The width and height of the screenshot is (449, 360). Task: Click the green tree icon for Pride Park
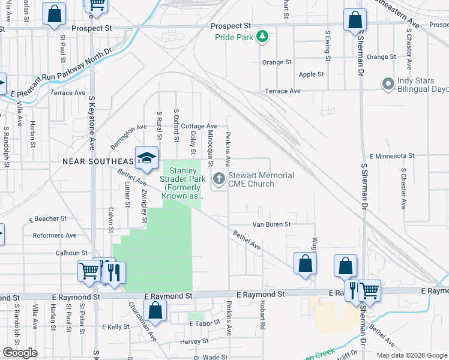[x=262, y=37]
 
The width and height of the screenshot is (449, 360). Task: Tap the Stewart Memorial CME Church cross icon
[x=219, y=179]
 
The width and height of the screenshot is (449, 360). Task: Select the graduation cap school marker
[x=146, y=158]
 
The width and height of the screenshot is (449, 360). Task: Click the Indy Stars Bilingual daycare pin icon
[x=388, y=84]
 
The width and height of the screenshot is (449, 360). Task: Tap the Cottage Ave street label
[x=199, y=127]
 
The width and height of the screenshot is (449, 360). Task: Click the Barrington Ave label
[x=128, y=137]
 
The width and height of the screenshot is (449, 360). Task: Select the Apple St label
[x=311, y=74]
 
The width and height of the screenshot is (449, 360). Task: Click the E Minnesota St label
[x=393, y=155]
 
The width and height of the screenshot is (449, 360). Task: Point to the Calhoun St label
[x=72, y=253]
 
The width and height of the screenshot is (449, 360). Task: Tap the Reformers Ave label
[x=54, y=235]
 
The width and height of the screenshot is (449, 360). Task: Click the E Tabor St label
[x=205, y=323]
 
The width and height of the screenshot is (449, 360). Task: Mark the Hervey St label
[x=193, y=341]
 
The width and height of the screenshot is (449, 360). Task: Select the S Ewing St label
[x=328, y=46]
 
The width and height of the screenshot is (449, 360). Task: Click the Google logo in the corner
[x=20, y=353]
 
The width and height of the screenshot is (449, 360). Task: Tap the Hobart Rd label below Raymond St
[x=262, y=317]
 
